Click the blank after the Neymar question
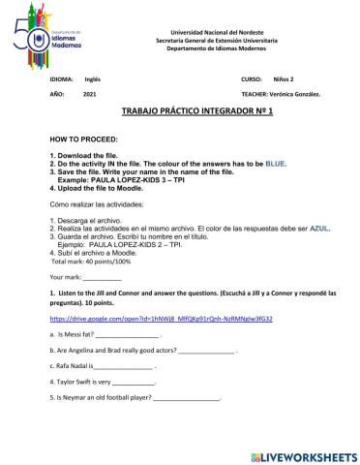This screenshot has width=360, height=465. click(x=187, y=427)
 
